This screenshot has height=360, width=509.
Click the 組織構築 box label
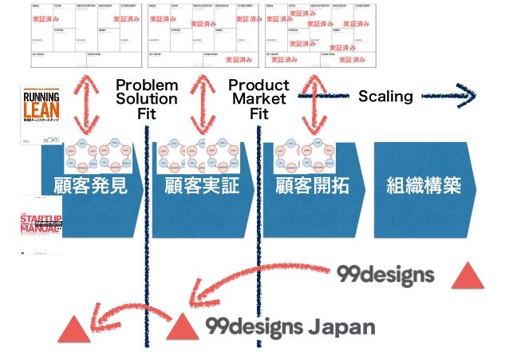click(423, 186)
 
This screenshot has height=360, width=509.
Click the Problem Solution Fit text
click(147, 99)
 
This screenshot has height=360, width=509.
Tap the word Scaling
click(385, 97)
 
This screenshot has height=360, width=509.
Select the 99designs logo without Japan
click(385, 275)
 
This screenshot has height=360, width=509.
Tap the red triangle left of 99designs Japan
click(181, 326)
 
